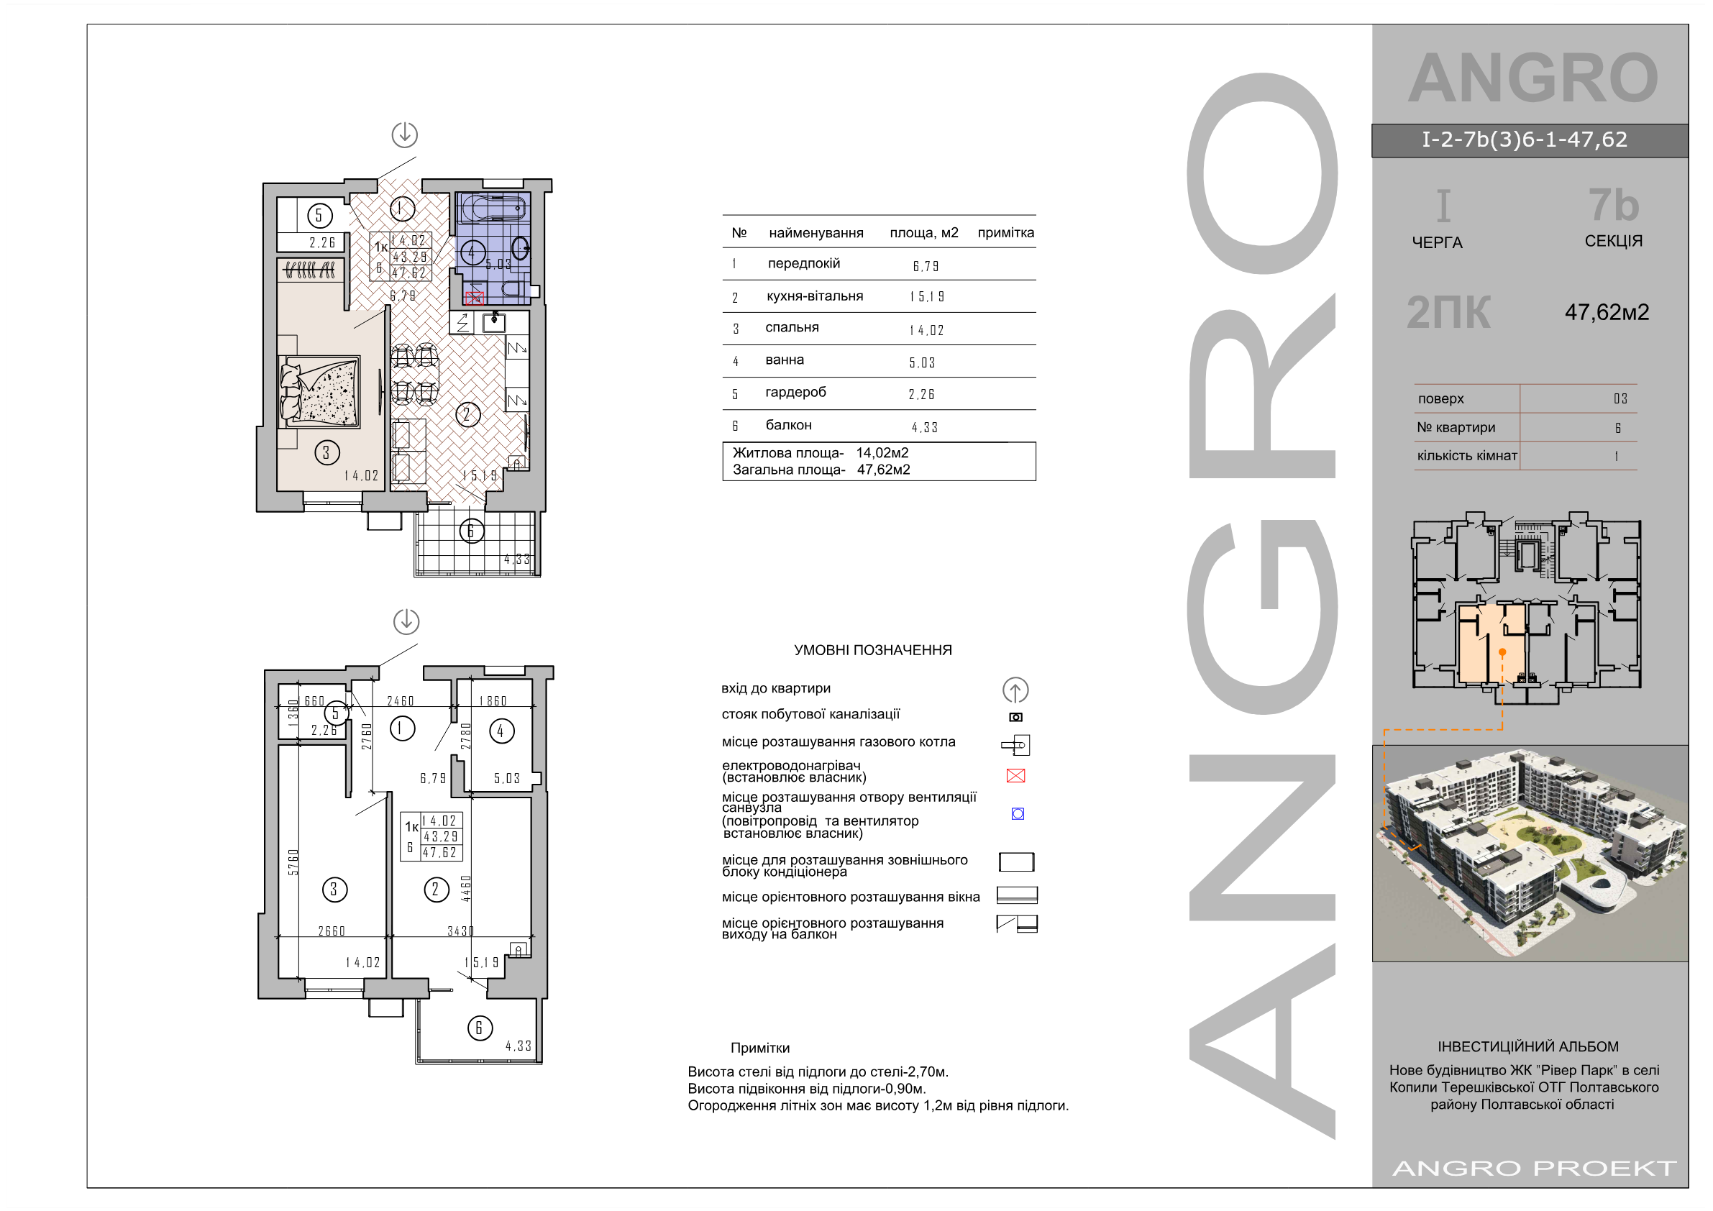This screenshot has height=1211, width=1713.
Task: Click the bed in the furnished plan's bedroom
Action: [x=319, y=391]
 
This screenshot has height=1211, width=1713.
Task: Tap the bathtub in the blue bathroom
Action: [x=494, y=207]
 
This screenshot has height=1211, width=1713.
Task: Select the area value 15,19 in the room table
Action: [x=928, y=297]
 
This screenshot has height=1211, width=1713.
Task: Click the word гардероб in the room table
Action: [x=795, y=393]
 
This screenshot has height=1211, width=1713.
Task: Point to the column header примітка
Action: [x=1005, y=233]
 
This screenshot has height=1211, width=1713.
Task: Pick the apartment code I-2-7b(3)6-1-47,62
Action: [x=1525, y=140]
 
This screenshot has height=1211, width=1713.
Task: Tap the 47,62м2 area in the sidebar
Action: [x=1607, y=312]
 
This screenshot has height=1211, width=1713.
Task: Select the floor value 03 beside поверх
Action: [x=1620, y=398]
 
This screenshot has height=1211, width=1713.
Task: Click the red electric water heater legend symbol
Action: [x=1015, y=776]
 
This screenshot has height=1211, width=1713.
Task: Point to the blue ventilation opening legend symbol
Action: [x=1018, y=814]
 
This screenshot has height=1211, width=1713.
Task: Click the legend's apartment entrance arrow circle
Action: [x=1015, y=690]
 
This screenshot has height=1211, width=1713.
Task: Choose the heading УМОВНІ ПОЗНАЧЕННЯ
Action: [x=873, y=651]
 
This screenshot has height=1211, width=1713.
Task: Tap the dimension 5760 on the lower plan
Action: [x=293, y=862]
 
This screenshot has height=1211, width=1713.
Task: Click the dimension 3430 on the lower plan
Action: [x=460, y=931]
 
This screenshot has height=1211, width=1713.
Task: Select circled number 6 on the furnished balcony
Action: [x=472, y=531]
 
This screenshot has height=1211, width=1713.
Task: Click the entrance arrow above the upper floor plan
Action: [x=405, y=135]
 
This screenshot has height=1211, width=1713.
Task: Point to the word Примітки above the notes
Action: [x=760, y=1048]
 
